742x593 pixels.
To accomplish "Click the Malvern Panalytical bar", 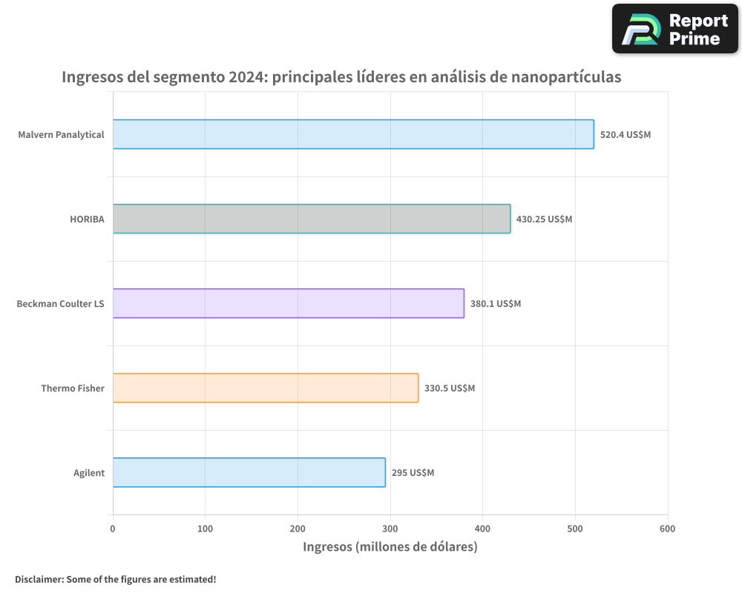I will click(353, 134).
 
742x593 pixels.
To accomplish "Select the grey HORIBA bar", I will click(312, 219).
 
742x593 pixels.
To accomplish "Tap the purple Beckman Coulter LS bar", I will click(289, 303).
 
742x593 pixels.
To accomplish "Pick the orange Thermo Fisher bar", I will click(266, 388).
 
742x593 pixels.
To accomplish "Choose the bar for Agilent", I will click(249, 472).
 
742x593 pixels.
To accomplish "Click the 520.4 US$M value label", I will click(625, 135).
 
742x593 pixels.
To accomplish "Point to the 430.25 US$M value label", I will click(544, 219).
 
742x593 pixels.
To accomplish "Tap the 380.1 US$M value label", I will click(496, 304).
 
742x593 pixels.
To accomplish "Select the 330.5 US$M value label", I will click(450, 388).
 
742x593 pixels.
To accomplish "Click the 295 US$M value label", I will click(413, 473).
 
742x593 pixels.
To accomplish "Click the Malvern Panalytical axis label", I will click(61, 135).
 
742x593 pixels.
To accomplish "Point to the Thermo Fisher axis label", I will click(73, 388).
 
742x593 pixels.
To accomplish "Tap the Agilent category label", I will click(89, 473).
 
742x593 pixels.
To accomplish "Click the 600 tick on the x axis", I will click(667, 529).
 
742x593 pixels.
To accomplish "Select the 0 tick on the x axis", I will click(113, 529).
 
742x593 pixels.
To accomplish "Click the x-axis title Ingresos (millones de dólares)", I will click(390, 547).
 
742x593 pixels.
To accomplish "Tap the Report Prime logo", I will click(675, 29).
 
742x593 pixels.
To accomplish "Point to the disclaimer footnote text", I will click(115, 579).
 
